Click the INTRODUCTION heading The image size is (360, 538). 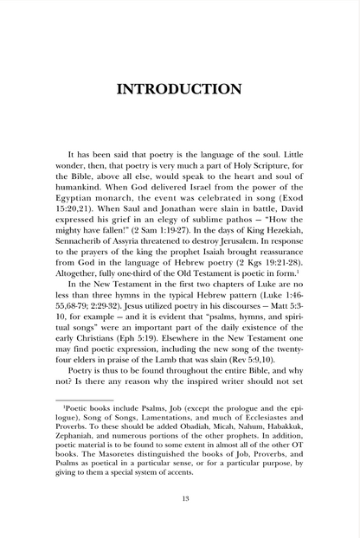180,89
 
